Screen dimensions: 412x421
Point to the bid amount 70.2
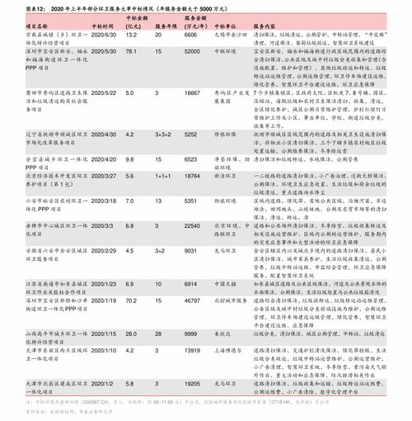[130, 300]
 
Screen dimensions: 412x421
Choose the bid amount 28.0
[130, 332]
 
